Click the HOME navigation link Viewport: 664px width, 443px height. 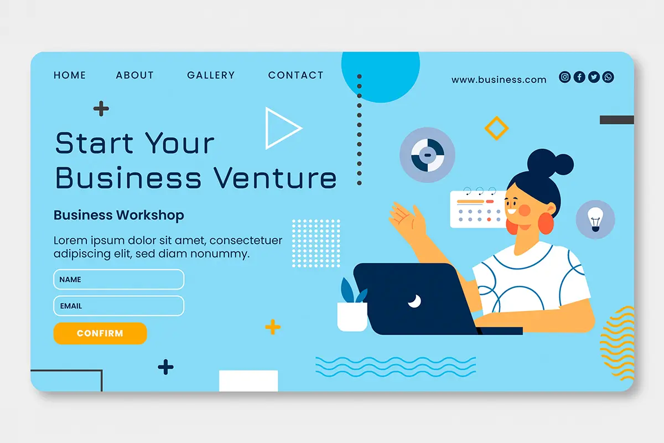[70, 75]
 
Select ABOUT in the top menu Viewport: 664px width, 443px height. [135, 75]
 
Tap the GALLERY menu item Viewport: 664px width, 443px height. [211, 75]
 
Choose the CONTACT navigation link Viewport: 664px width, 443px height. [296, 75]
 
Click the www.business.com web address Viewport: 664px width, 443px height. [499, 80]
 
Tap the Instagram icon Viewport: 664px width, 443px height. [565, 77]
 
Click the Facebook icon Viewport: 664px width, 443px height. [579, 77]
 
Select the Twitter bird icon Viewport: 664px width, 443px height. [594, 77]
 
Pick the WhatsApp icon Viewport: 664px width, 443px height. [608, 77]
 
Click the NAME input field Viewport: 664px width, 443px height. [118, 279]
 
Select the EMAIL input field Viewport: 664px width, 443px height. [118, 306]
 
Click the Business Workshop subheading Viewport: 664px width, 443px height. [118, 215]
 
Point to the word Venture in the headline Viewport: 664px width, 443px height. [276, 178]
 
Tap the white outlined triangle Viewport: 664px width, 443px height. [267, 128]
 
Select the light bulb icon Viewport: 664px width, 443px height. [595, 219]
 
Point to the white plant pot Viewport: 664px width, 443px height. [352, 317]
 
